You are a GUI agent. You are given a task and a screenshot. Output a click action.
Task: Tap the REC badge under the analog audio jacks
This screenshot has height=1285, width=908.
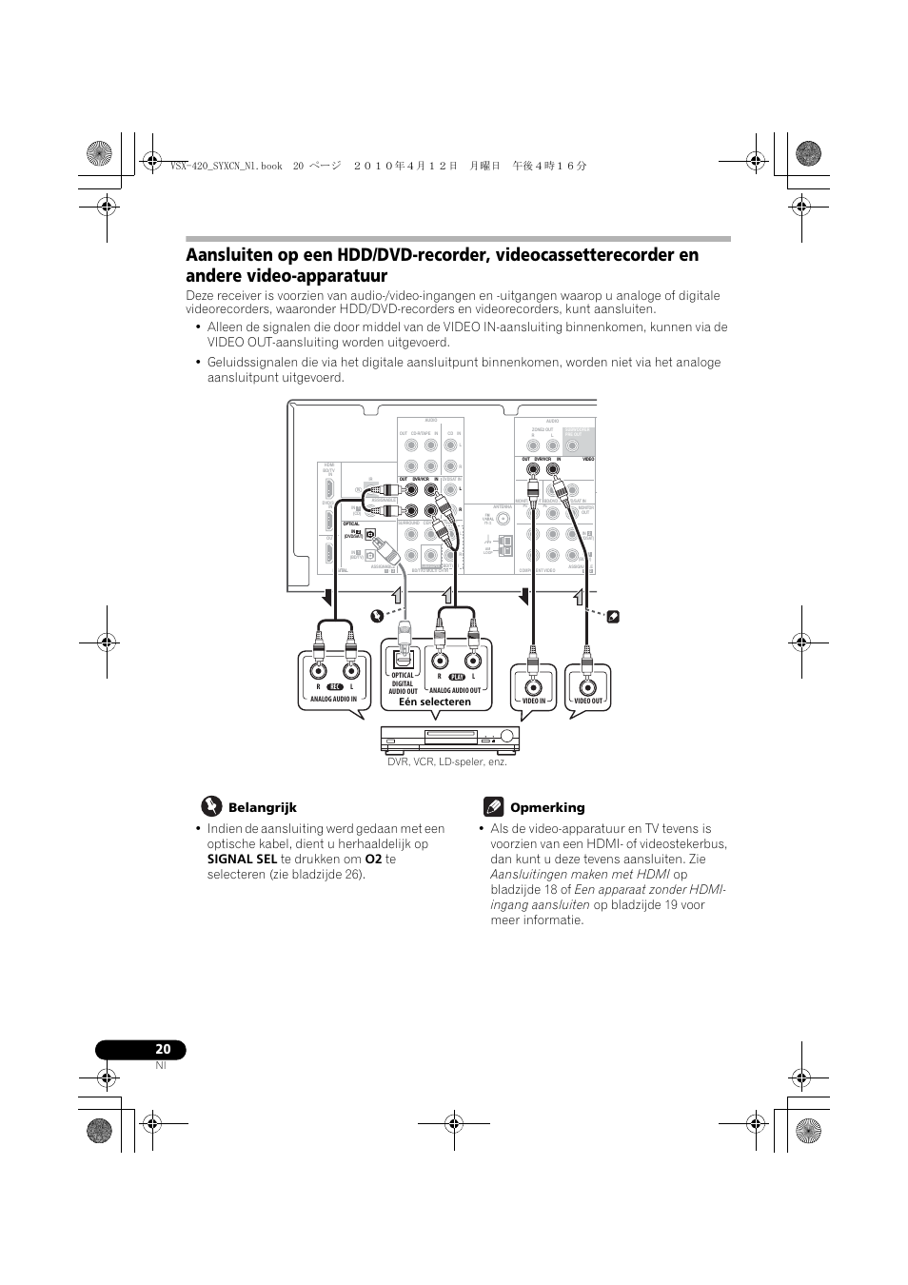(x=334, y=686)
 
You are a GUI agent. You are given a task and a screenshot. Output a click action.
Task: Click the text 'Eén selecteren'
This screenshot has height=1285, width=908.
(x=435, y=702)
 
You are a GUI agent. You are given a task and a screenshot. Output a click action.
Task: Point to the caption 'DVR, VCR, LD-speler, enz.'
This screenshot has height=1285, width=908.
(x=446, y=761)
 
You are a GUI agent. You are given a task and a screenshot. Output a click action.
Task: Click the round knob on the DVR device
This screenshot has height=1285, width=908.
(x=506, y=737)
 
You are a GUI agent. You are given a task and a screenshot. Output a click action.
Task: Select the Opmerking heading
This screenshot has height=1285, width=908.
(x=547, y=807)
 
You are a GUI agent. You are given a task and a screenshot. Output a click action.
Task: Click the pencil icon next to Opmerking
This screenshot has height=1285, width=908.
(x=492, y=807)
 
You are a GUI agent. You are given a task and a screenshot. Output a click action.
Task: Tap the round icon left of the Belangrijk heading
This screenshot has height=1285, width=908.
(x=209, y=807)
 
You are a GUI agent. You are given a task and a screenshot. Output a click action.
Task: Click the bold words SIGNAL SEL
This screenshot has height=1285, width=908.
(x=242, y=859)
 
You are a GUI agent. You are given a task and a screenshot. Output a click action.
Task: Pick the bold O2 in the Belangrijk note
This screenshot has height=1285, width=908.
(x=373, y=859)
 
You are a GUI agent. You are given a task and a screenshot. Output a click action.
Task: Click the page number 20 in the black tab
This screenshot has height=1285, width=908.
(x=163, y=1049)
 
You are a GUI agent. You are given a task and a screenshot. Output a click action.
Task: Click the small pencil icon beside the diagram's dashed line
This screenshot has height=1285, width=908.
(x=614, y=617)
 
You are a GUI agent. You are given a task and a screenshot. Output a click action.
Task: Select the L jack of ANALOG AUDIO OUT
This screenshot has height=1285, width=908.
(x=473, y=661)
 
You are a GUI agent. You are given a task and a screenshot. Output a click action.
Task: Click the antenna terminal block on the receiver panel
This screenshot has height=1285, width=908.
(x=503, y=545)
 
